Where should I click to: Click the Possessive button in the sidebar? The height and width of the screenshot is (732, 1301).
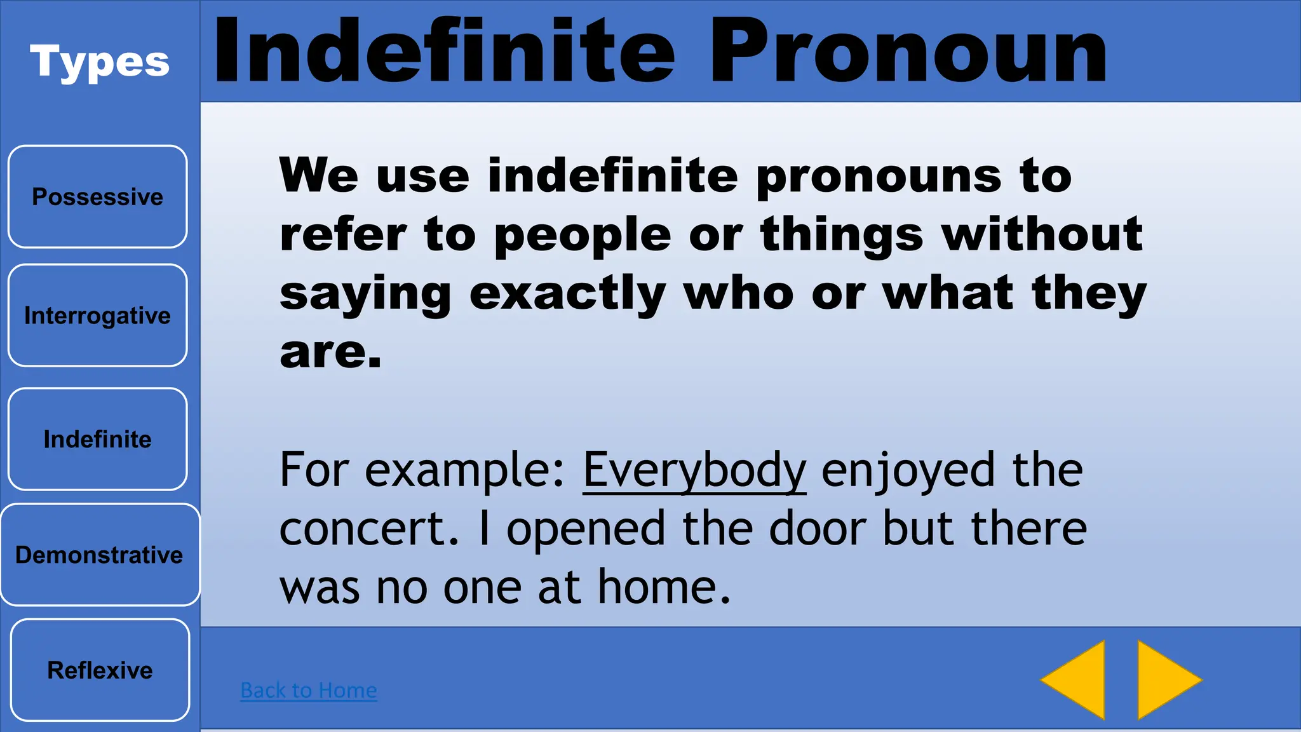coord(97,196)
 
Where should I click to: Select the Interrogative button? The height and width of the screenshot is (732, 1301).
coord(97,315)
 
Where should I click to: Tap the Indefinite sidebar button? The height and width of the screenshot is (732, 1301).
coord(97,439)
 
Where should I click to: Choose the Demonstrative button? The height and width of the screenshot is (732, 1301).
coord(100,555)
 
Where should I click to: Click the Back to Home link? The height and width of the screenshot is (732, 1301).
coord(309,690)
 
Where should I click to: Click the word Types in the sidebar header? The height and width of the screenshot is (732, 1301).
coord(100,62)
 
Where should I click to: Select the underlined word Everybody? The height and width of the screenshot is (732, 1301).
coord(694,471)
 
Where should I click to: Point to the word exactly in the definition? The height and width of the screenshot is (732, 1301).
coord(567,294)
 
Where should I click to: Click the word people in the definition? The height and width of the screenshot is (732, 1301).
coord(583,235)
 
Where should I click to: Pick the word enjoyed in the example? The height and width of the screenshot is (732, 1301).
coord(908,471)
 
